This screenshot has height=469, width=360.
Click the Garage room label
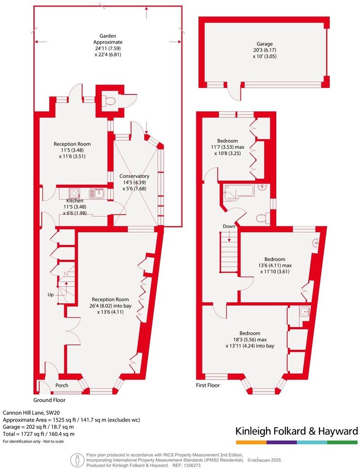click(x=264, y=44)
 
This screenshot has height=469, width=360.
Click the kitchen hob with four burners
click(x=74, y=193)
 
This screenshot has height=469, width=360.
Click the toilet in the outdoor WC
click(x=110, y=100)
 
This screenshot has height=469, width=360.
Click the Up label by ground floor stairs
click(x=51, y=295)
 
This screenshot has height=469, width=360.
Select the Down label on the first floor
click(x=229, y=226)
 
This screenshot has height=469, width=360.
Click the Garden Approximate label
click(x=108, y=39)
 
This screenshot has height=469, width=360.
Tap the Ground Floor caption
click(x=49, y=400)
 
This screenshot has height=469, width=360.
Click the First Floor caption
click(x=208, y=385)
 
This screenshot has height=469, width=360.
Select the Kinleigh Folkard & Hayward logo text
click(x=296, y=431)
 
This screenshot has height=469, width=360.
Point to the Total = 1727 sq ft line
click(x=39, y=434)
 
